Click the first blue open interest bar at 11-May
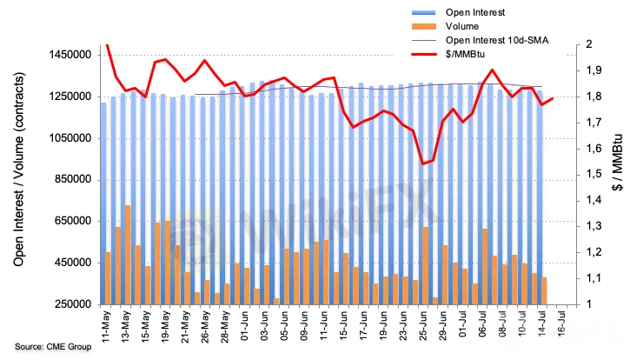pyautogui.click(x=104, y=203)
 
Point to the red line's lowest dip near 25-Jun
pyautogui.click(x=423, y=163)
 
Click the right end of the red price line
pyautogui.click(x=553, y=98)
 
